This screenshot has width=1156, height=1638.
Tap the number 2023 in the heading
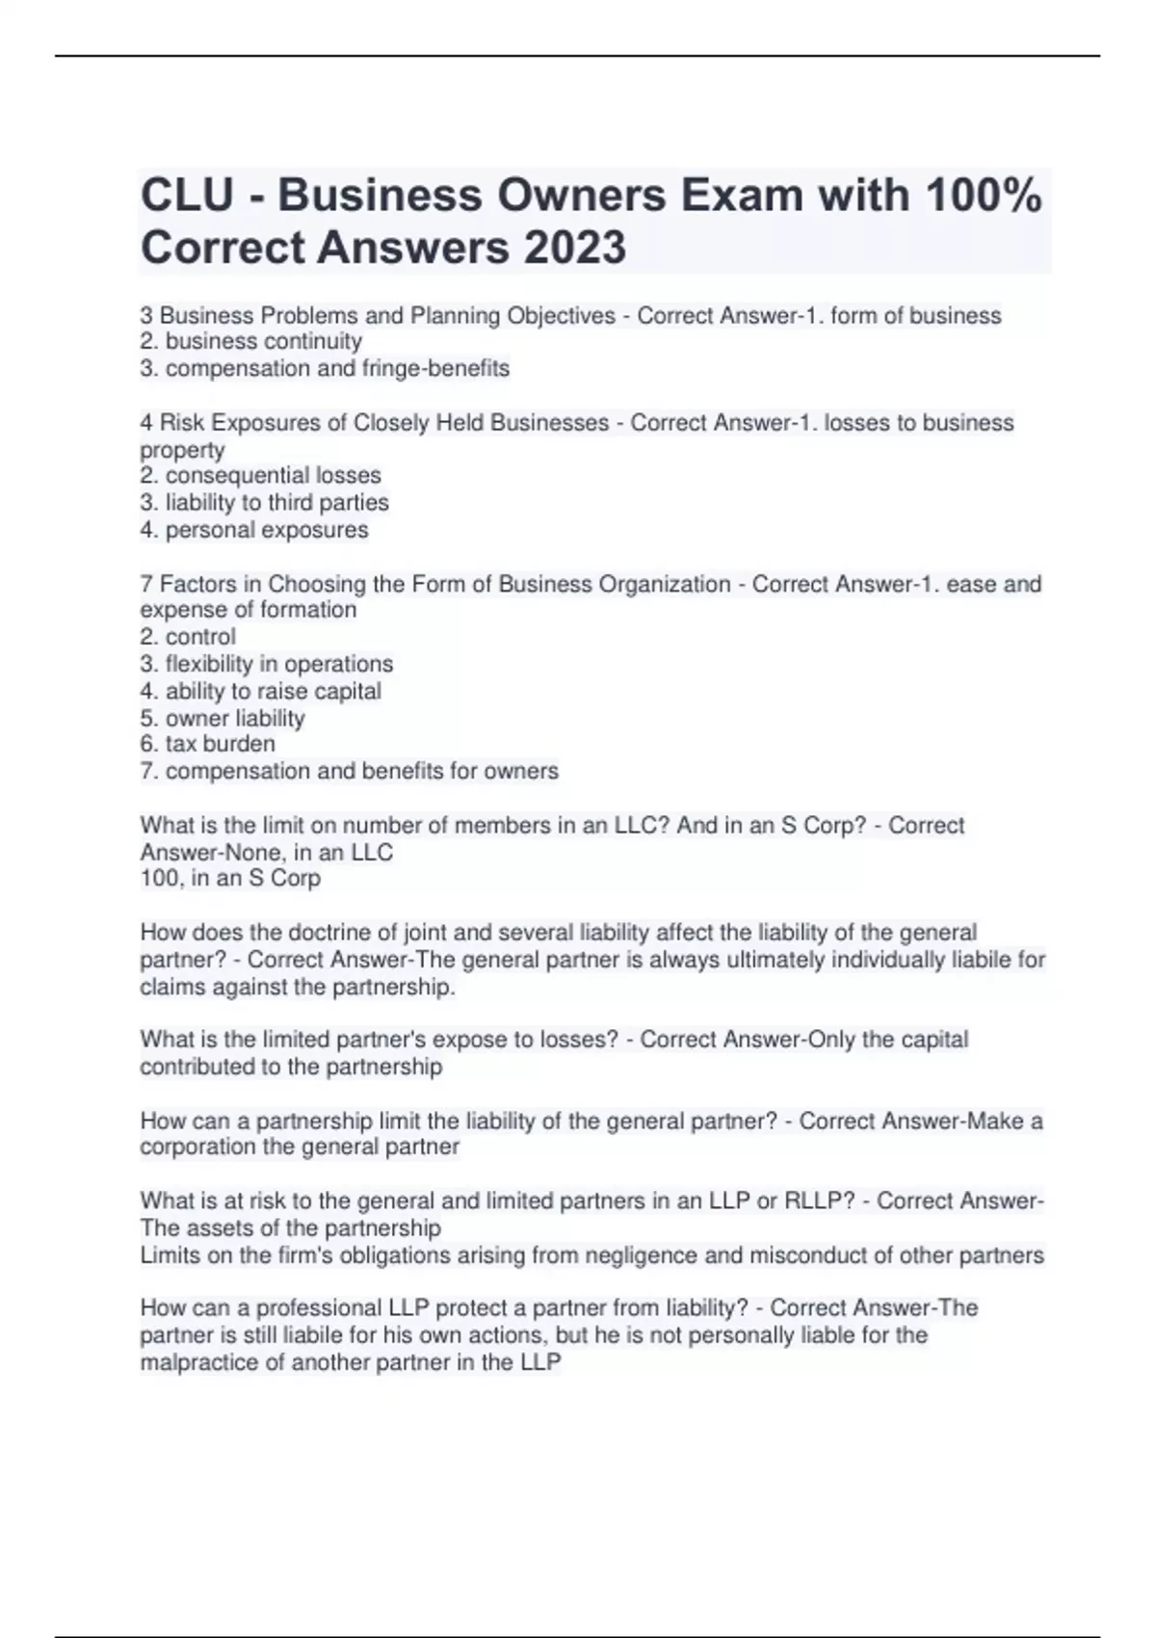tap(575, 248)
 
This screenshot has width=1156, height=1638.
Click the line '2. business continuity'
tap(251, 341)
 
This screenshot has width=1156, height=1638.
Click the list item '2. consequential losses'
tap(260, 475)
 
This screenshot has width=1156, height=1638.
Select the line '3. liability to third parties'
tap(264, 502)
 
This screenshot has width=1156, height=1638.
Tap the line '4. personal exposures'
tap(254, 529)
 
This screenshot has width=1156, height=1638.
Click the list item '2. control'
tap(188, 636)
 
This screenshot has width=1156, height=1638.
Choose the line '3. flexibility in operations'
tap(267, 664)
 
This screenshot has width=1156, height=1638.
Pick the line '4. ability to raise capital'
tap(260, 691)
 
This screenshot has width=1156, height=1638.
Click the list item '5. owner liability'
tap(223, 718)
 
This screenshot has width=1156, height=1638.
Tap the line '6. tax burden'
tap(207, 744)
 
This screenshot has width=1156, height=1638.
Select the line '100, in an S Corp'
tap(230, 878)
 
